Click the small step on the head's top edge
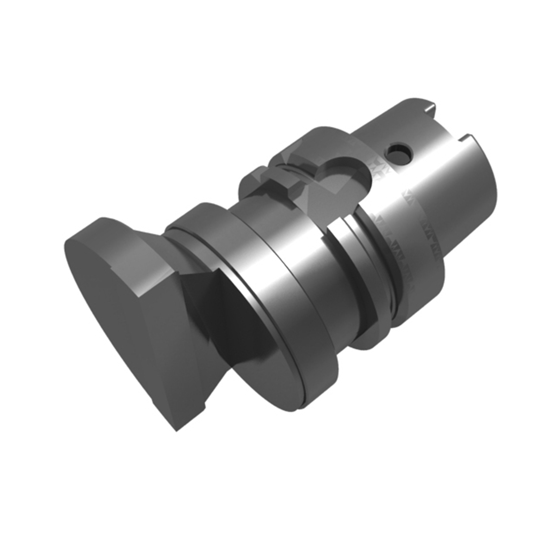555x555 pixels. (112, 267)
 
